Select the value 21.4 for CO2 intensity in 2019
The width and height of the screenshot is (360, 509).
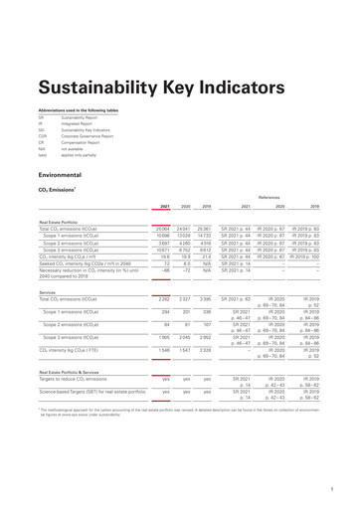(x=206, y=258)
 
